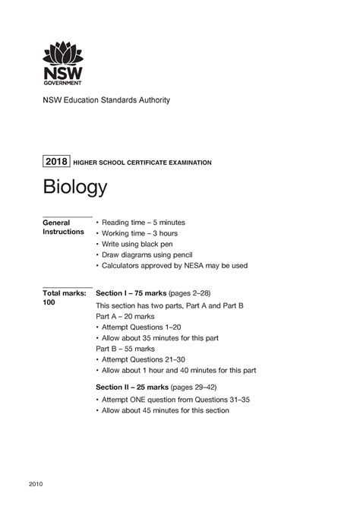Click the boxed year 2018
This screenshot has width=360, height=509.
(x=56, y=162)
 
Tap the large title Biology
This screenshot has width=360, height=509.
(x=74, y=187)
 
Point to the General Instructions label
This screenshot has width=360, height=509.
(x=63, y=226)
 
